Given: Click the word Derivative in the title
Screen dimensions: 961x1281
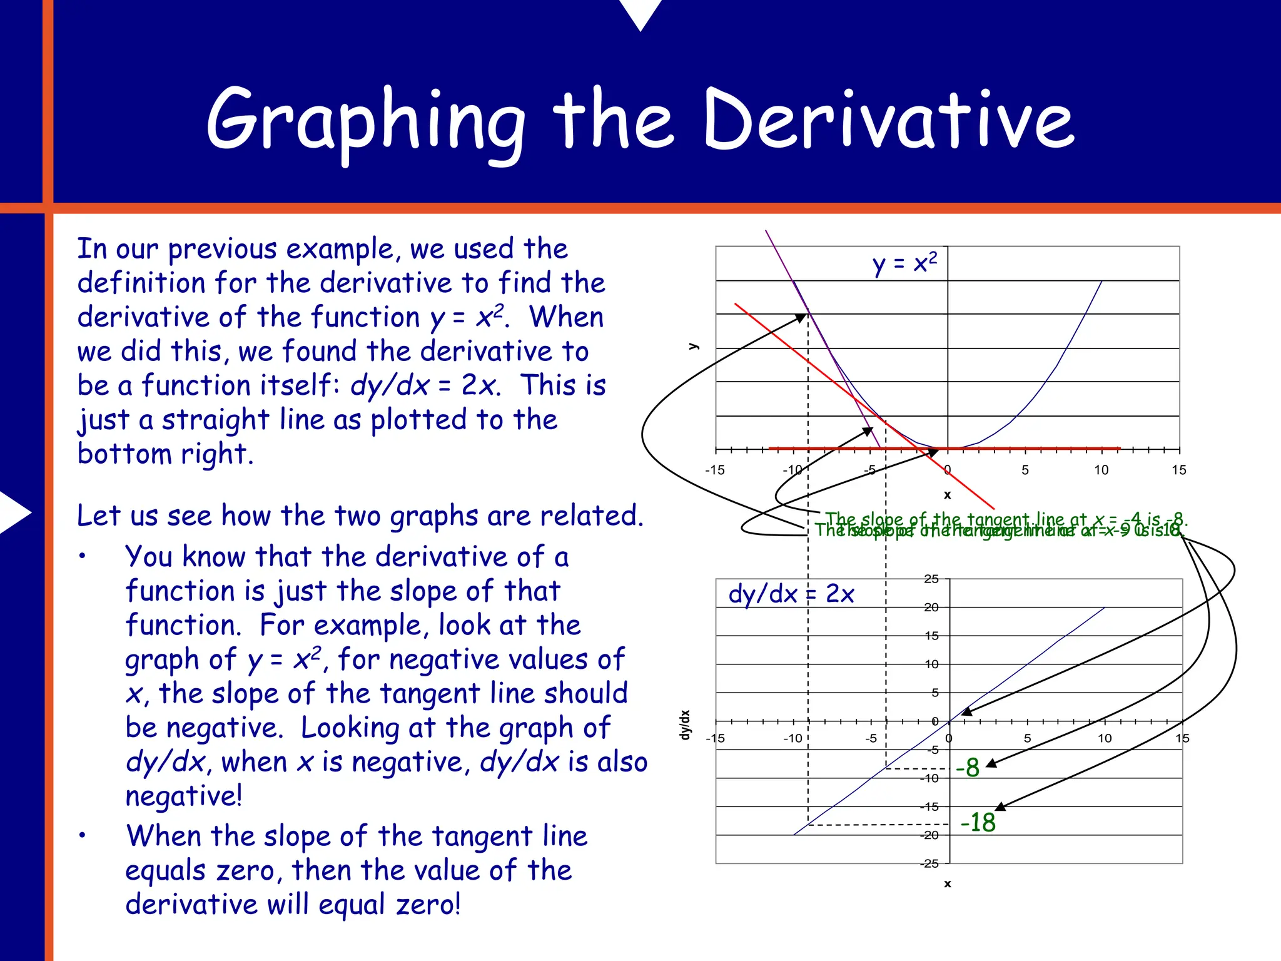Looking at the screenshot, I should (x=888, y=119).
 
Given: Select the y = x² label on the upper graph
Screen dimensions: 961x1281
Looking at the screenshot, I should (x=904, y=263).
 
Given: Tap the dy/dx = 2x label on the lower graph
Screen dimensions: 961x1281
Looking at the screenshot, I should (x=791, y=594).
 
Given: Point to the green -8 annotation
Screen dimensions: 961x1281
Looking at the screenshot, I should (x=968, y=768).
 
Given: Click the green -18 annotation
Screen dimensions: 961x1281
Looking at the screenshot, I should (x=978, y=822).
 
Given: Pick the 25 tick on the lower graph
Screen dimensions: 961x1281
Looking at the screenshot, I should (x=931, y=579).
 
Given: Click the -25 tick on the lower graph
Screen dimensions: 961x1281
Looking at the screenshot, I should (x=929, y=864).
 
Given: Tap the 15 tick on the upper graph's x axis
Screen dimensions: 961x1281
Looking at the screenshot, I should (x=1178, y=470).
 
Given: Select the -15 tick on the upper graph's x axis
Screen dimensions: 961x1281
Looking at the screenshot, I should (x=714, y=470).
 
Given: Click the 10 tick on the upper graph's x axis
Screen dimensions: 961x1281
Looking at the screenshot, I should (x=1101, y=470).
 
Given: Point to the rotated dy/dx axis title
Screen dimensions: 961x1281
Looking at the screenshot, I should (x=686, y=725).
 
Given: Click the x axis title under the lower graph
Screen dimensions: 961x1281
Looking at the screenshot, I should (x=948, y=883).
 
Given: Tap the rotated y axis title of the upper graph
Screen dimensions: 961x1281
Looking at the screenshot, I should (x=693, y=346).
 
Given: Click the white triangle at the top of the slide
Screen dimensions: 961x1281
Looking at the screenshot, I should (x=640, y=13).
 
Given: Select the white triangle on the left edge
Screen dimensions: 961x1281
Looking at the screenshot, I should (x=14, y=512).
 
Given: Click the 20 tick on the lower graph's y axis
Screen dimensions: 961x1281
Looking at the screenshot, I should (x=931, y=607).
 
